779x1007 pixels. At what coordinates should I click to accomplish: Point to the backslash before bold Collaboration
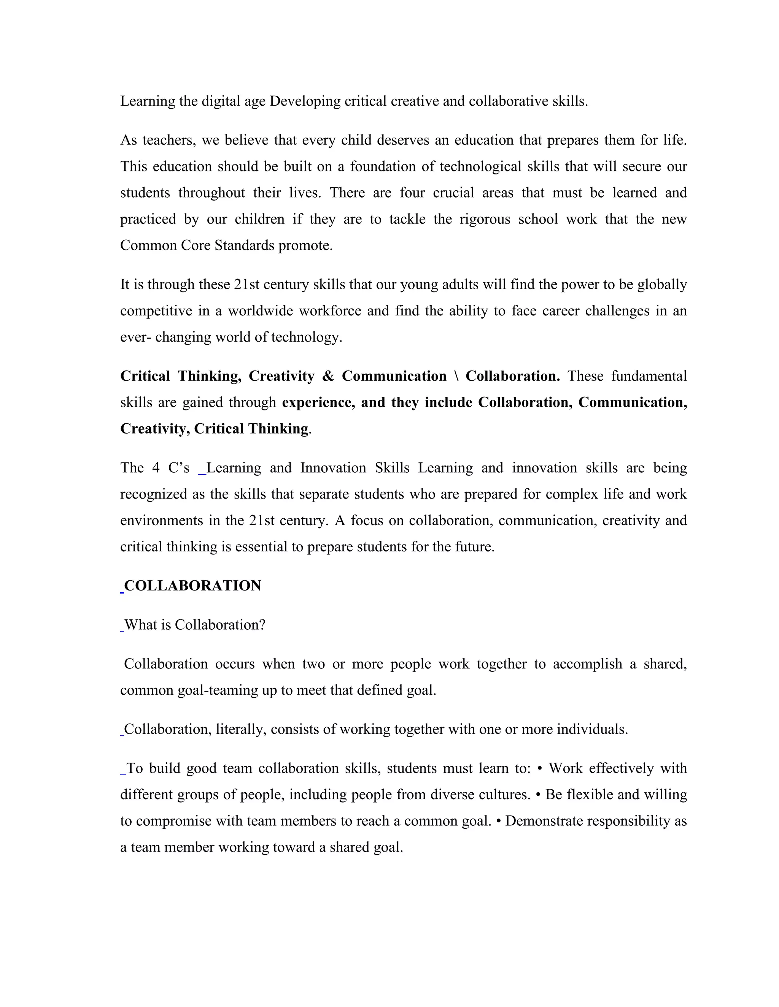click(x=456, y=376)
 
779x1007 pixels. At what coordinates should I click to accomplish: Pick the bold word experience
click(x=318, y=402)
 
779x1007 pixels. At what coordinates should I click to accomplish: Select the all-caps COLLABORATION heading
click(x=192, y=586)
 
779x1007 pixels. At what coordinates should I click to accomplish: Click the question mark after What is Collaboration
click(x=262, y=625)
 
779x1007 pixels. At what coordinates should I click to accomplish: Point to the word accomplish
click(x=587, y=664)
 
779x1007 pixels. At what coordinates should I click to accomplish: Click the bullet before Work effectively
click(x=540, y=769)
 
